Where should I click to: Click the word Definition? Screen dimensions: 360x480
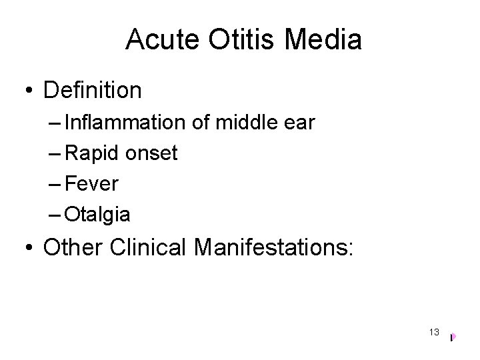point(93,90)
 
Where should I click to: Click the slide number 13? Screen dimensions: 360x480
point(434,332)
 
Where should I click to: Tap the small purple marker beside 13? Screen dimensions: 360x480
point(452,337)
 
